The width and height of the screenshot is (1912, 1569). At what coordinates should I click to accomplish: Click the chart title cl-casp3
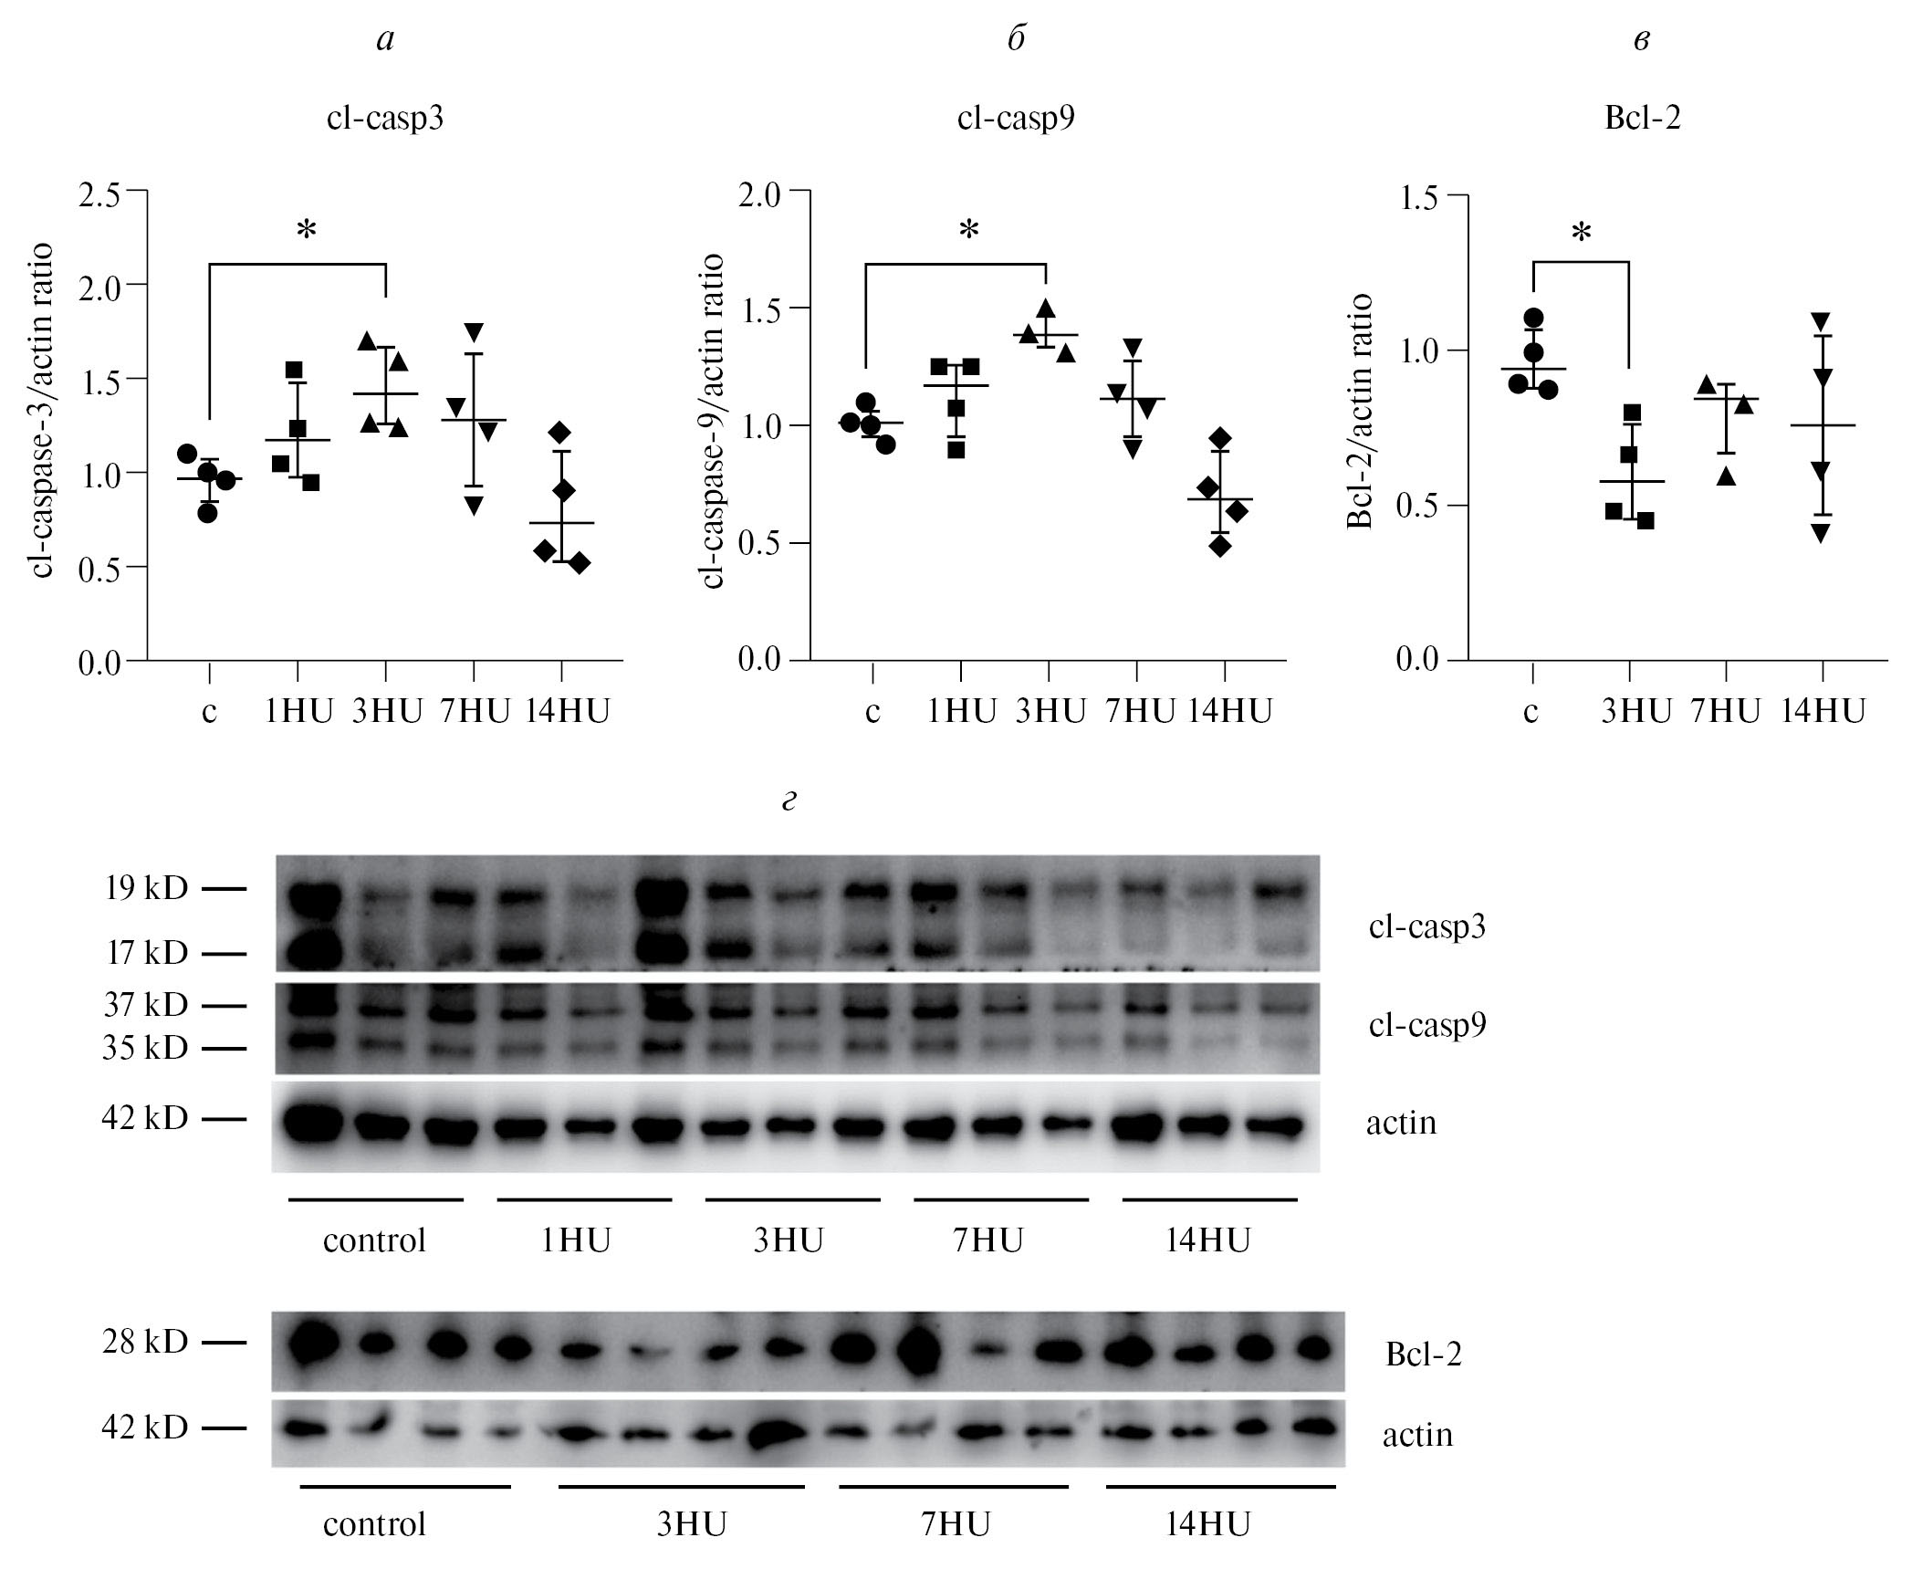coord(385,120)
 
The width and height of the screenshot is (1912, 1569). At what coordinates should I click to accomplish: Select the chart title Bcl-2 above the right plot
coord(1642,120)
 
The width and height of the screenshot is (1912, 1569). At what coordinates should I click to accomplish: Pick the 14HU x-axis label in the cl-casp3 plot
coord(567,712)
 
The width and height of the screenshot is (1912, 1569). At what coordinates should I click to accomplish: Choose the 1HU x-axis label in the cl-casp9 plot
coord(960,712)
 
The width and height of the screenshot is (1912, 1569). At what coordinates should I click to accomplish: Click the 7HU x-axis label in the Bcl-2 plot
coord(1725,712)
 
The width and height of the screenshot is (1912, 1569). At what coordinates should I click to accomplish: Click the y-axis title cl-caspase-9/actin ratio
coord(713,421)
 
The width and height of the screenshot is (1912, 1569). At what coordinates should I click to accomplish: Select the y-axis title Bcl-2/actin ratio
coord(1361,411)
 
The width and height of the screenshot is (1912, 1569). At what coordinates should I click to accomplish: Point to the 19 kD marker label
coord(146,887)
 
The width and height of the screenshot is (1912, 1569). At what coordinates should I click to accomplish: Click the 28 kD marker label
coord(146,1342)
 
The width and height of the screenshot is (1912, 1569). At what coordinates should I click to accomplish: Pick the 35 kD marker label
coord(146,1048)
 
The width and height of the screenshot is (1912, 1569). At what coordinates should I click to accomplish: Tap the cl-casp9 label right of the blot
coord(1426,1025)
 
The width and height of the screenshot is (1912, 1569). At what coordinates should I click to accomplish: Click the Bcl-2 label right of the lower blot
coord(1423,1354)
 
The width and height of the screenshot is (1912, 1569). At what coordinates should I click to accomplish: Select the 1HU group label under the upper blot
coord(575,1240)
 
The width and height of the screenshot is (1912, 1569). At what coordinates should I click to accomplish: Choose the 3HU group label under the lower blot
coord(691,1524)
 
